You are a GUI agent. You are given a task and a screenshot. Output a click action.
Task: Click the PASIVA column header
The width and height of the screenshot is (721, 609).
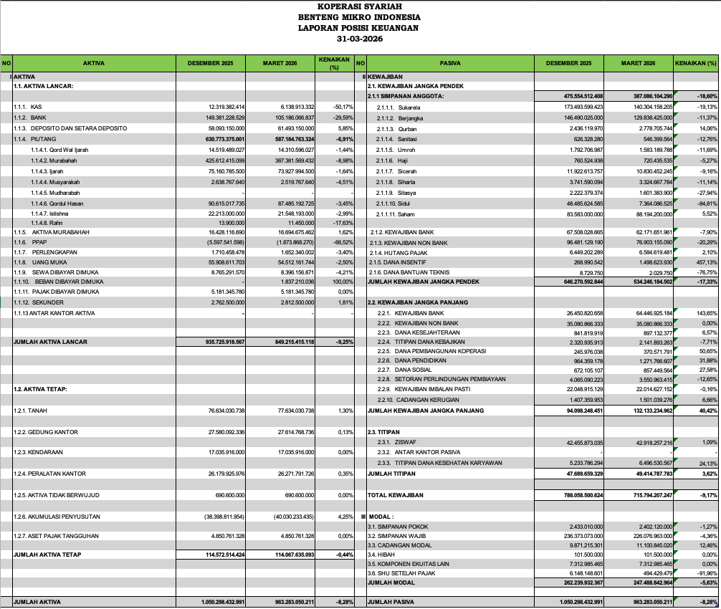tap(450, 63)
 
